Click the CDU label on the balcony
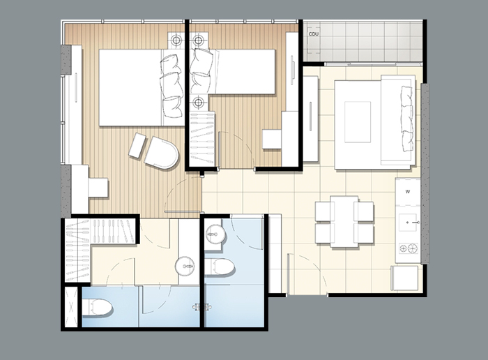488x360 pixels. (x=314, y=34)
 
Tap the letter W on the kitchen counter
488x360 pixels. (x=408, y=192)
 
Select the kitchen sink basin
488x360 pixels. (x=408, y=223)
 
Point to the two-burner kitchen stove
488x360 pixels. (x=409, y=248)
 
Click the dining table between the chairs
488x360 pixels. (x=344, y=221)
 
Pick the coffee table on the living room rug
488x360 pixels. (x=358, y=122)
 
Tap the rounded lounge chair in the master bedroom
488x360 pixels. (x=162, y=153)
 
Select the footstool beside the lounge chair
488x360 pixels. (x=137, y=145)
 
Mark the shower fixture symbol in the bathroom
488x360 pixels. (x=202, y=307)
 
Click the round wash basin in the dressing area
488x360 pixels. (x=185, y=267)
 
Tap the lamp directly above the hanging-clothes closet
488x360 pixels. (x=198, y=102)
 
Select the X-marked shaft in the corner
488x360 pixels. (x=71, y=307)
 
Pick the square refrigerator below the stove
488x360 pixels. (x=404, y=278)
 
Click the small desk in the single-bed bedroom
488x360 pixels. (x=272, y=139)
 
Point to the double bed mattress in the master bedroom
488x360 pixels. (x=142, y=87)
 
